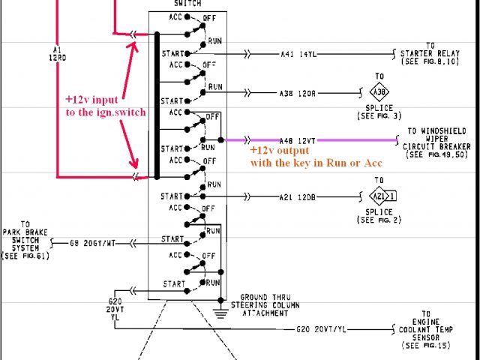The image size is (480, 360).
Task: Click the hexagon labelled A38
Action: (x=380, y=91)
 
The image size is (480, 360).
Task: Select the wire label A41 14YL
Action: (x=296, y=54)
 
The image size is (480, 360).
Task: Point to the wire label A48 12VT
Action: (x=295, y=140)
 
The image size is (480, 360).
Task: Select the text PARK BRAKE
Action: (x=25, y=232)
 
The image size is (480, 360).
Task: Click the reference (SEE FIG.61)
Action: (x=25, y=256)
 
